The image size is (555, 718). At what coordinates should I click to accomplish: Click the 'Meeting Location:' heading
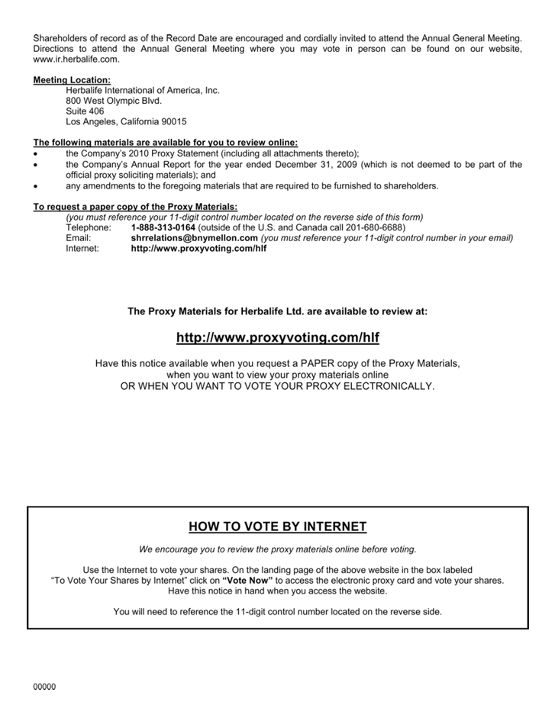coord(72,80)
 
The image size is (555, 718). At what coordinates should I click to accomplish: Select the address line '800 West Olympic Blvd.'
coord(114,101)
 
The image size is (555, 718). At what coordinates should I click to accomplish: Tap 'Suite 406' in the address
coord(85,111)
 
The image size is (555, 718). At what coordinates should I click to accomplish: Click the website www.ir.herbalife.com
coord(76,60)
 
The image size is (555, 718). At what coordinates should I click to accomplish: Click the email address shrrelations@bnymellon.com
coord(195,238)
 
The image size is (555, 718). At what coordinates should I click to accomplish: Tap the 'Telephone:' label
coord(89,228)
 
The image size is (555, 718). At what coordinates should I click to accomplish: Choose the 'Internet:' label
coord(82,249)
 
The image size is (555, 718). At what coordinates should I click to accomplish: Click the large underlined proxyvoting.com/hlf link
coord(277,338)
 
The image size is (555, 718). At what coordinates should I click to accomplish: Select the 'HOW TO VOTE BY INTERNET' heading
coord(277,527)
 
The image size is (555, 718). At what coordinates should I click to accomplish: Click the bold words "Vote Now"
coord(247,581)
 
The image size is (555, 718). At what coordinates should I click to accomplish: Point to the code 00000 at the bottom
coord(44,687)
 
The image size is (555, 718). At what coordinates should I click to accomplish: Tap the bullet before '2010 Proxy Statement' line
coord(36,154)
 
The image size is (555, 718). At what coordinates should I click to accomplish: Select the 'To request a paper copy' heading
coord(135,207)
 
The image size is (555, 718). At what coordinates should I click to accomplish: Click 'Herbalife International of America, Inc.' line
coord(143,91)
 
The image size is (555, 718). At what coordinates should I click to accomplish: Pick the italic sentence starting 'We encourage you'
coord(277,549)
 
